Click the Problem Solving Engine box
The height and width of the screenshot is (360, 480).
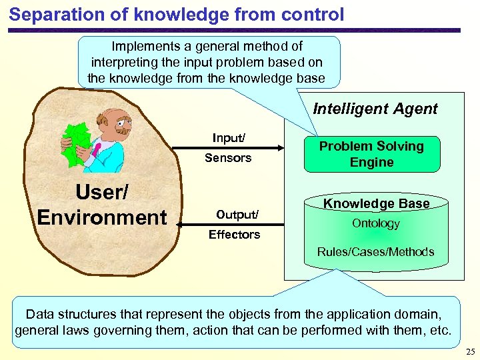(x=371, y=154)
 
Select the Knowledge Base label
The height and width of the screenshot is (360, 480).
(x=376, y=203)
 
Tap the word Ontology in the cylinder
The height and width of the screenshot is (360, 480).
(x=376, y=224)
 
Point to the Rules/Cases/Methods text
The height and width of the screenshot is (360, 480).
(x=375, y=252)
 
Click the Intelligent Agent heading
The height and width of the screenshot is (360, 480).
(x=375, y=109)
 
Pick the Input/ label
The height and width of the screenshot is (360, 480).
(x=229, y=138)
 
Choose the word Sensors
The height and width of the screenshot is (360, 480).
(x=228, y=158)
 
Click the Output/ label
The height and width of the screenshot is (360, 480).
(x=237, y=215)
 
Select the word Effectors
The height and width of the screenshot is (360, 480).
(x=234, y=235)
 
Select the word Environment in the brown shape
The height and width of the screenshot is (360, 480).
(x=102, y=217)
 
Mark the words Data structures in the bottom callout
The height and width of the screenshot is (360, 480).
(x=74, y=314)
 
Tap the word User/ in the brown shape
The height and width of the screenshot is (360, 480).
(x=102, y=193)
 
